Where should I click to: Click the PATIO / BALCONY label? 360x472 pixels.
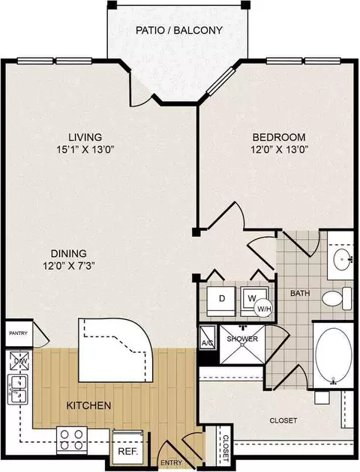pos(179,30)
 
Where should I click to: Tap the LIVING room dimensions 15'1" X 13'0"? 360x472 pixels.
pos(85,150)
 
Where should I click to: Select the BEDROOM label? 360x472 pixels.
pos(279,137)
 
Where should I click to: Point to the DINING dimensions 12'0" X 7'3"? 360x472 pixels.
pos(69,266)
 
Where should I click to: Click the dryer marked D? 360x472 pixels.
pos(222,300)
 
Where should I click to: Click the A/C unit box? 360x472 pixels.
pos(207,338)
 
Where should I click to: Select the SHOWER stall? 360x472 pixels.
pos(242,345)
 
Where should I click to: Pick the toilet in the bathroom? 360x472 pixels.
pos(337,298)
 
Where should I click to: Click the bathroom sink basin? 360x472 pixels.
pos(343,258)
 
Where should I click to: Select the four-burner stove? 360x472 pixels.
pos(72,440)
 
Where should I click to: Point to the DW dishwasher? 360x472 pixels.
pos(19,361)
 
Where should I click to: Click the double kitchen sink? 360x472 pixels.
pos(18,389)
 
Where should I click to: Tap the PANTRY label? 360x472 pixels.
pos(18,333)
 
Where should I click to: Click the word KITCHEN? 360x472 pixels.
pos(88,405)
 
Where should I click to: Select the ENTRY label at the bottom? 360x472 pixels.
pos(171,463)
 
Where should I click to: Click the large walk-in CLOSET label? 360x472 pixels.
pos(283,420)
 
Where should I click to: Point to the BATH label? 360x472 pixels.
pos(300,293)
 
